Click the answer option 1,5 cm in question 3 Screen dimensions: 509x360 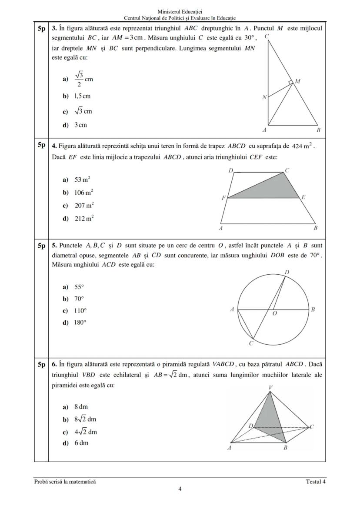(82, 96)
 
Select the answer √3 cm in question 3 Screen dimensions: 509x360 (83, 111)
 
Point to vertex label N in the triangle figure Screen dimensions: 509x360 (263, 97)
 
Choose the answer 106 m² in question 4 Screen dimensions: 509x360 (83, 193)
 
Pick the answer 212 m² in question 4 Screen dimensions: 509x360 (83, 218)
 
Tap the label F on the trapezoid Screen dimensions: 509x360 (223, 198)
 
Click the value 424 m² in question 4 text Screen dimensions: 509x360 (303, 146)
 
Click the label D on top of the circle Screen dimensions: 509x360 (287, 272)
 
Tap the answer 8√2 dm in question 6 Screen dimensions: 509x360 (85, 419)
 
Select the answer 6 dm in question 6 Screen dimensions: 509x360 (81, 443)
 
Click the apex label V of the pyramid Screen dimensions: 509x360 (270, 387)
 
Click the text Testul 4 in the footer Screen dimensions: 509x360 (316, 482)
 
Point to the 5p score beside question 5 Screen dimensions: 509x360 (41, 246)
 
